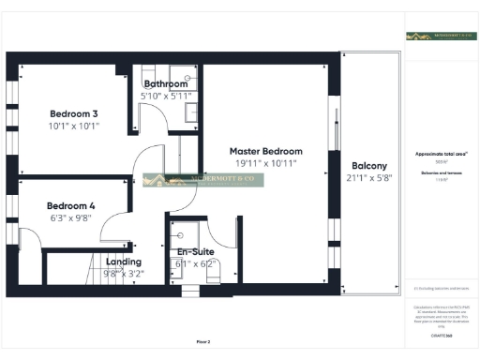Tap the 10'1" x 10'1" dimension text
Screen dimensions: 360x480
[73, 126]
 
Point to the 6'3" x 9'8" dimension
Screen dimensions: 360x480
[71, 217]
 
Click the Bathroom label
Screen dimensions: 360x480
[166, 83]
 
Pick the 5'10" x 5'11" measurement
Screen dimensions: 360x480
[166, 96]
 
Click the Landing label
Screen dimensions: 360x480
[124, 262]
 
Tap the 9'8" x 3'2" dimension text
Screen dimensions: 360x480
[124, 274]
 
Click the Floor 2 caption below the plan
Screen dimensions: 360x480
[203, 341]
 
